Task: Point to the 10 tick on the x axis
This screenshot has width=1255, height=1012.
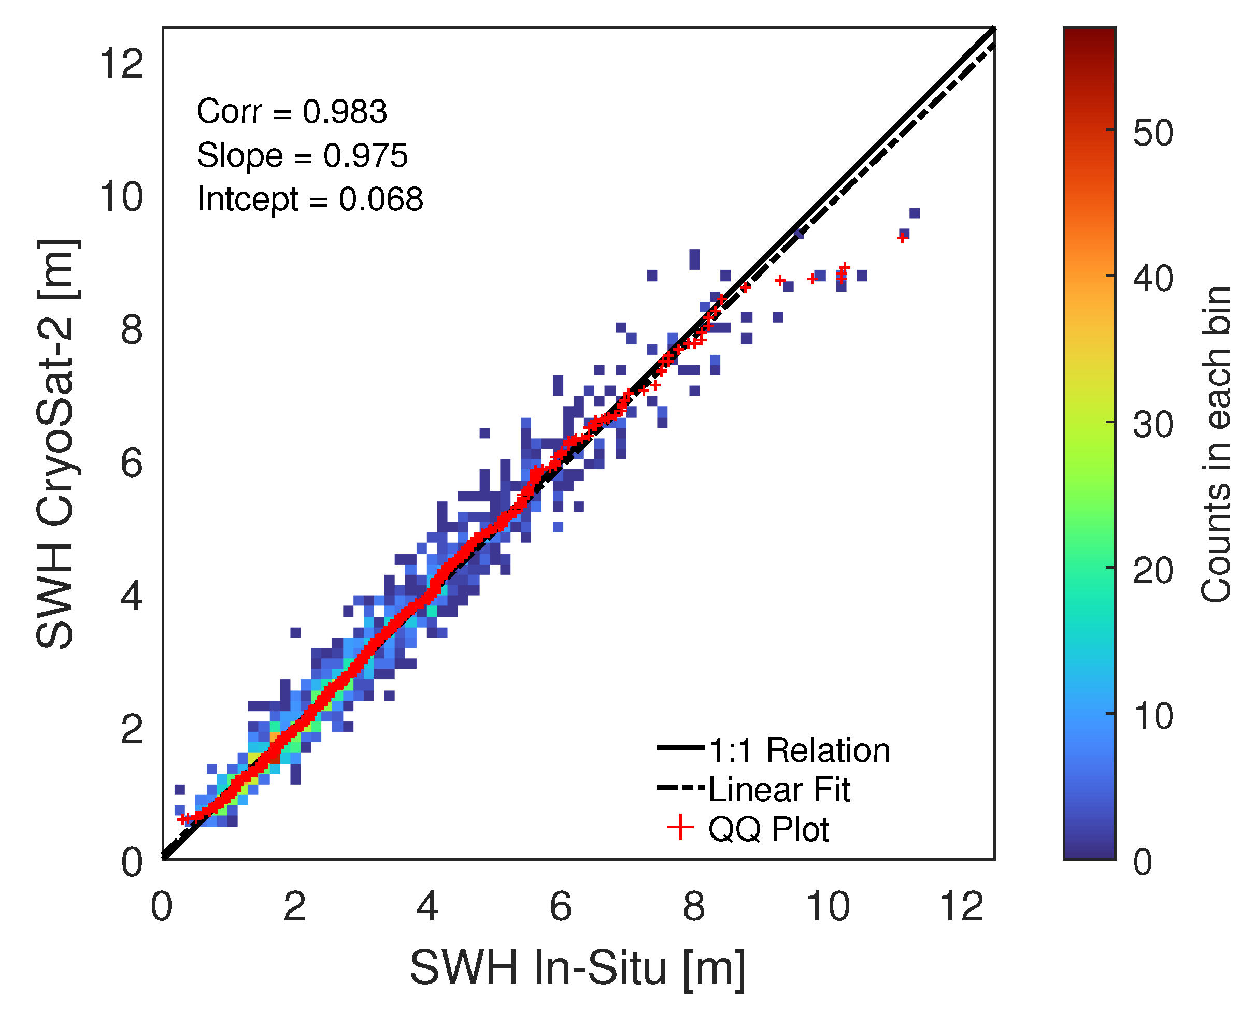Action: [828, 907]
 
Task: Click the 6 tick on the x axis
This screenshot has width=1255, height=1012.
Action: [561, 907]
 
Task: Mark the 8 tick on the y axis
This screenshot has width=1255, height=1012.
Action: [132, 329]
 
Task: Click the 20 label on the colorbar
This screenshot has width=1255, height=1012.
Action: [1153, 570]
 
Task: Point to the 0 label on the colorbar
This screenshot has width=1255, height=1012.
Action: [1143, 862]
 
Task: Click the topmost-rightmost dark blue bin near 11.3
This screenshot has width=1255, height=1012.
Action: [915, 213]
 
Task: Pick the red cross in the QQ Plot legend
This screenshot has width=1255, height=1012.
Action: [680, 828]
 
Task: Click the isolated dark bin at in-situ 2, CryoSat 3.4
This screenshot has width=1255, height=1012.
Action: [296, 632]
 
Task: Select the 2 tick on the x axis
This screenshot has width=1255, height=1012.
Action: [294, 907]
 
